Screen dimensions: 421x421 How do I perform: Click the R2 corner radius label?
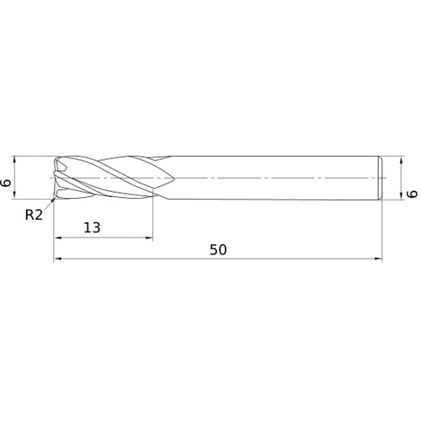34,215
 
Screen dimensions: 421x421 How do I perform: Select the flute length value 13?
92,227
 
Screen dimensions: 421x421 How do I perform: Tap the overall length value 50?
218,250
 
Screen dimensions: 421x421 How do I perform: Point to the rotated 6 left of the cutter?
6,183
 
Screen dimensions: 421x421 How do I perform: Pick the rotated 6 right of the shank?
413,194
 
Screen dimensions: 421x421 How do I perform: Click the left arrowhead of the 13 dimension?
58,238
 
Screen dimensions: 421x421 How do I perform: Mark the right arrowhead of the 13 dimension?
149,238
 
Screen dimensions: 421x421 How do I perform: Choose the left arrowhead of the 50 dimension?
57,258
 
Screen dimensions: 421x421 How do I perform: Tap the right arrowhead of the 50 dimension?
378,258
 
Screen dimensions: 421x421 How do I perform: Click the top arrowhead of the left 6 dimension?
14,160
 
